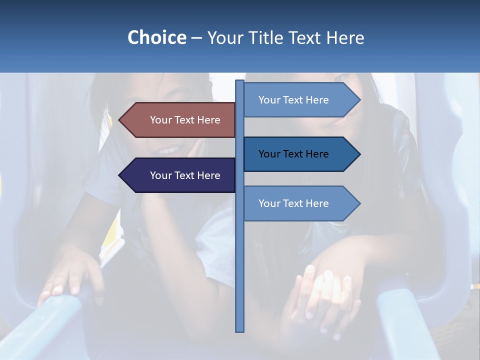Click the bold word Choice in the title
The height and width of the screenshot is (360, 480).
pyautogui.click(x=156, y=37)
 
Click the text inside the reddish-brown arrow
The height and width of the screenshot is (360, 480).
pyautogui.click(x=185, y=120)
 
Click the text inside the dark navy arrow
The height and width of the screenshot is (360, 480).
pyautogui.click(x=185, y=175)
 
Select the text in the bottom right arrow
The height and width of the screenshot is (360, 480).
pyautogui.click(x=293, y=203)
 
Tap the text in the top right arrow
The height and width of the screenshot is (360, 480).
pyautogui.click(x=293, y=100)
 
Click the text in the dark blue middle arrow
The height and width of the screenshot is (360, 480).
pyautogui.click(x=293, y=154)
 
